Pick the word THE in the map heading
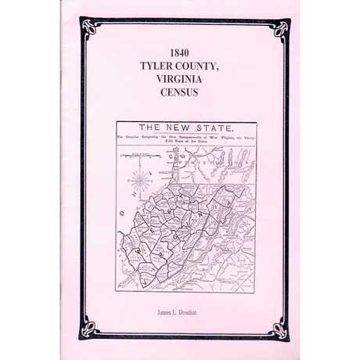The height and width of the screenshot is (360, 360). pyautogui.click(x=153, y=128)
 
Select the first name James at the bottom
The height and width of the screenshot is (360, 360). pyautogui.click(x=161, y=311)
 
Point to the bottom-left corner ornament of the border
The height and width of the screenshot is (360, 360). pyautogui.click(x=88, y=329)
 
